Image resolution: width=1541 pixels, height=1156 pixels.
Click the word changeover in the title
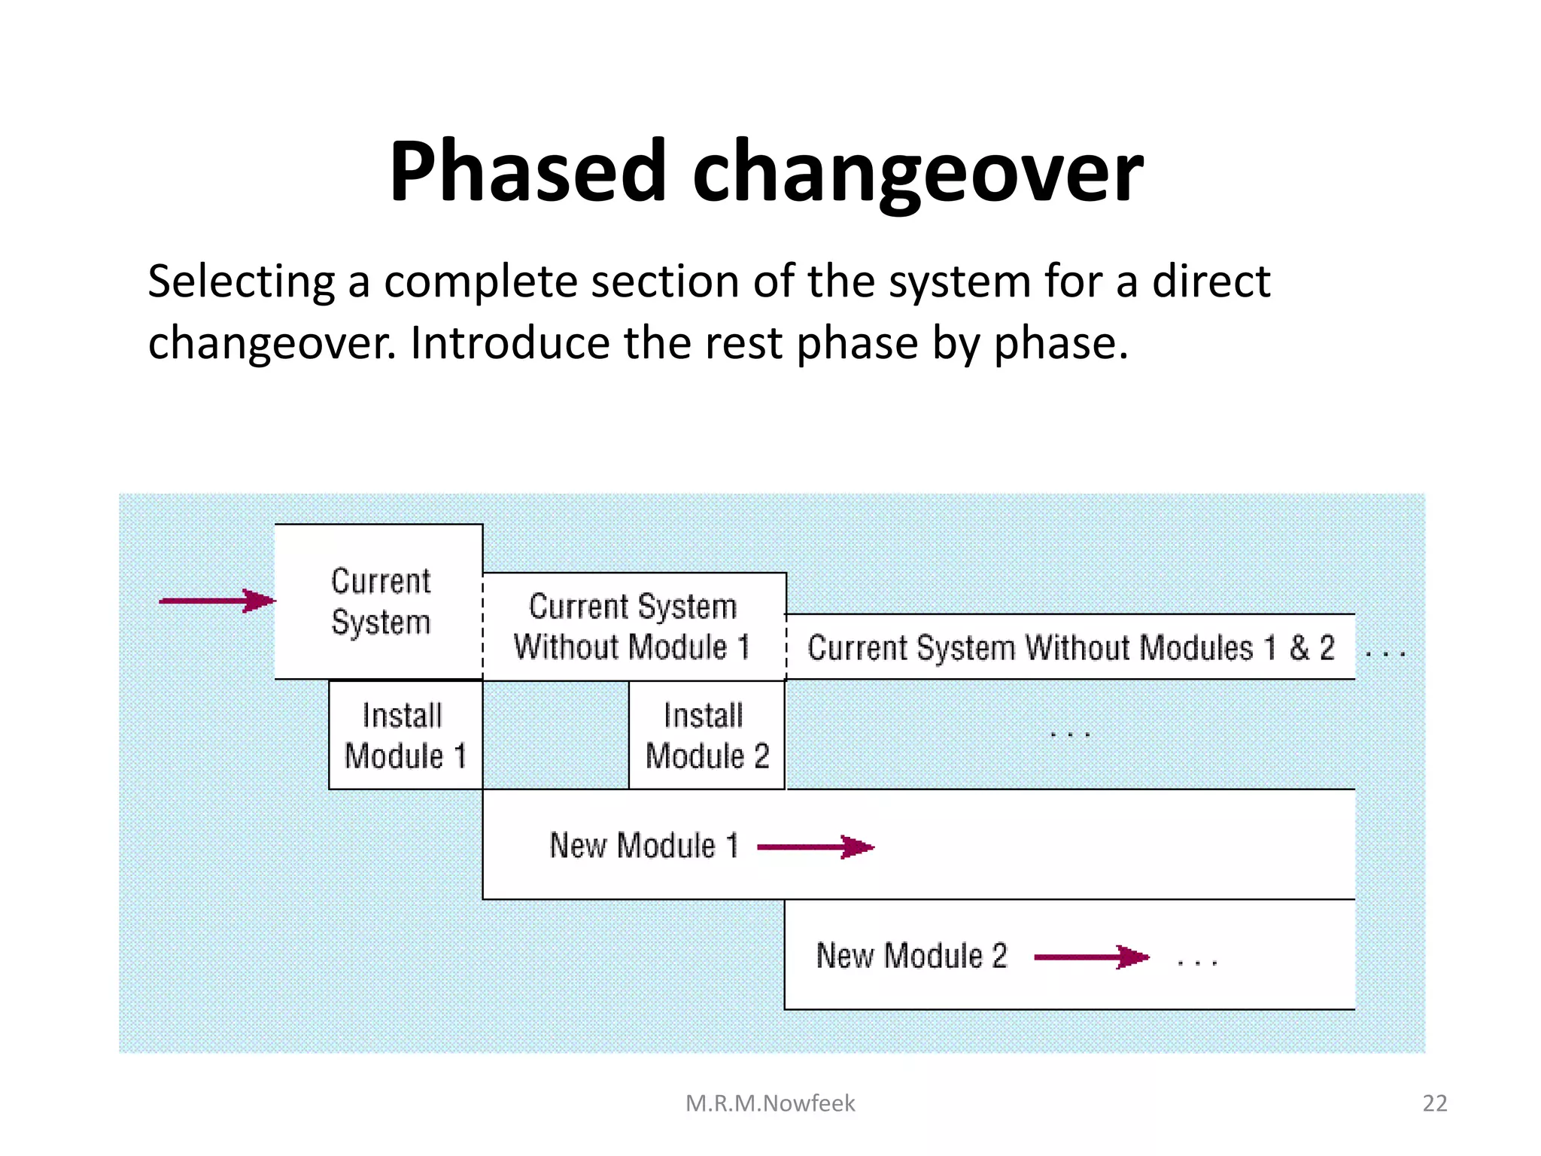(x=917, y=175)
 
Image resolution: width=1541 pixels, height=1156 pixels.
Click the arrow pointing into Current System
(x=217, y=601)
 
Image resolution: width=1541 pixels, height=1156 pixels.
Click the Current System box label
(x=381, y=601)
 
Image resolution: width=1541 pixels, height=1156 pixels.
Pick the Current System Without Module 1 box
(x=632, y=626)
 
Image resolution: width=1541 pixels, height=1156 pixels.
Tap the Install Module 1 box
(x=405, y=735)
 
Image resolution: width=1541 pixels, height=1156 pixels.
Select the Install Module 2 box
(x=707, y=735)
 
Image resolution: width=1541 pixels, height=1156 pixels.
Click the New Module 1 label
(x=644, y=845)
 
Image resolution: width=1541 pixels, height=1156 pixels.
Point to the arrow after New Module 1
(x=816, y=847)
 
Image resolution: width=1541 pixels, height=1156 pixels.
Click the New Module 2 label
(x=911, y=956)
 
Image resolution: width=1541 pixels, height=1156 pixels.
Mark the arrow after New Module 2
(x=1092, y=957)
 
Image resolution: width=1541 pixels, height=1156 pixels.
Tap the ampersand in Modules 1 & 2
(x=1299, y=648)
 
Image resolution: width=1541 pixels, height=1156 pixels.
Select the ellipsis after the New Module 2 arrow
(x=1197, y=962)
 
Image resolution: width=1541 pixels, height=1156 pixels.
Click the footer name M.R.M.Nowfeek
(x=770, y=1103)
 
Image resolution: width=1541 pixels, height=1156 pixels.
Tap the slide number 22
(x=1435, y=1103)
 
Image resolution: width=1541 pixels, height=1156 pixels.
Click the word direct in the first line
(x=1211, y=282)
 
